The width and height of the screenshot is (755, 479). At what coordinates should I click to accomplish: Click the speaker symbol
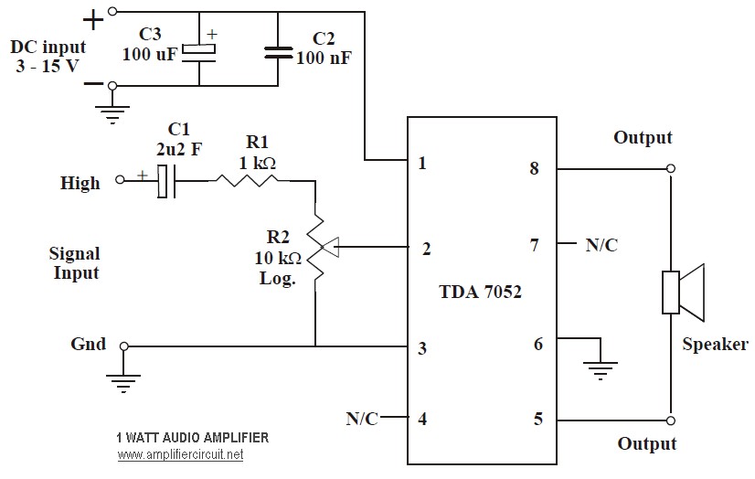click(x=683, y=293)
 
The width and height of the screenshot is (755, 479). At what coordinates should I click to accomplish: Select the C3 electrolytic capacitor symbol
click(x=199, y=52)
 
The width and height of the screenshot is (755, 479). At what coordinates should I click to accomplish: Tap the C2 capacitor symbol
click(x=278, y=52)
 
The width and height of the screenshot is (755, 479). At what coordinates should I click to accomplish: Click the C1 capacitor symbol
click(x=166, y=181)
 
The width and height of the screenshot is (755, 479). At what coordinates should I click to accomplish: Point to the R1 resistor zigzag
click(x=248, y=181)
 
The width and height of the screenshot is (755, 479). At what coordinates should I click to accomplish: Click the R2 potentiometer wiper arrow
click(x=330, y=247)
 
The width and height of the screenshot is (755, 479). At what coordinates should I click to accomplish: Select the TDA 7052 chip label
click(x=480, y=292)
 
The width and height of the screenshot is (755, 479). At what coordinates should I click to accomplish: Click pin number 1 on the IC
click(x=422, y=164)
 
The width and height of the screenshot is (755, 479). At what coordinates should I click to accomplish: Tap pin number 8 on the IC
click(x=534, y=168)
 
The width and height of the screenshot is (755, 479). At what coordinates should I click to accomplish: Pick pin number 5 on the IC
click(x=538, y=419)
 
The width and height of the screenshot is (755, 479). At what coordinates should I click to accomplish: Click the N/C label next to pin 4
click(x=362, y=419)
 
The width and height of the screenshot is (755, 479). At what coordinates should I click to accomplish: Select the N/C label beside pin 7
click(x=601, y=245)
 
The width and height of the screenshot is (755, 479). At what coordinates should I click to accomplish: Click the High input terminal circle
click(x=120, y=180)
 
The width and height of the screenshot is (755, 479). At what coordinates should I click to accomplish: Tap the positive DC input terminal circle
click(x=112, y=11)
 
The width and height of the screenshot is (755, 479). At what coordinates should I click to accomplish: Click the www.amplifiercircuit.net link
click(x=181, y=454)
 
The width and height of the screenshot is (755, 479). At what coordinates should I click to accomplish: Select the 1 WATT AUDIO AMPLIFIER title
click(x=193, y=438)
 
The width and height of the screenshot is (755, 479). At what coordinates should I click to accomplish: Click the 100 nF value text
click(x=324, y=58)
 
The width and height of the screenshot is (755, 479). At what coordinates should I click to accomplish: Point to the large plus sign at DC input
click(x=93, y=21)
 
